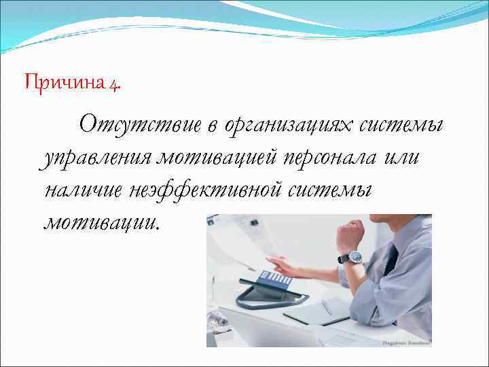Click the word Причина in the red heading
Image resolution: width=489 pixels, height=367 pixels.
(x=64, y=84)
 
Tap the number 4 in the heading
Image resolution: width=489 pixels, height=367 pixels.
(x=114, y=85)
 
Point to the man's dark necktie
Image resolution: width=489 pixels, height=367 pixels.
(x=392, y=260)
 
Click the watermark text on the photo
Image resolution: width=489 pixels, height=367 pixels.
(x=405, y=343)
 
